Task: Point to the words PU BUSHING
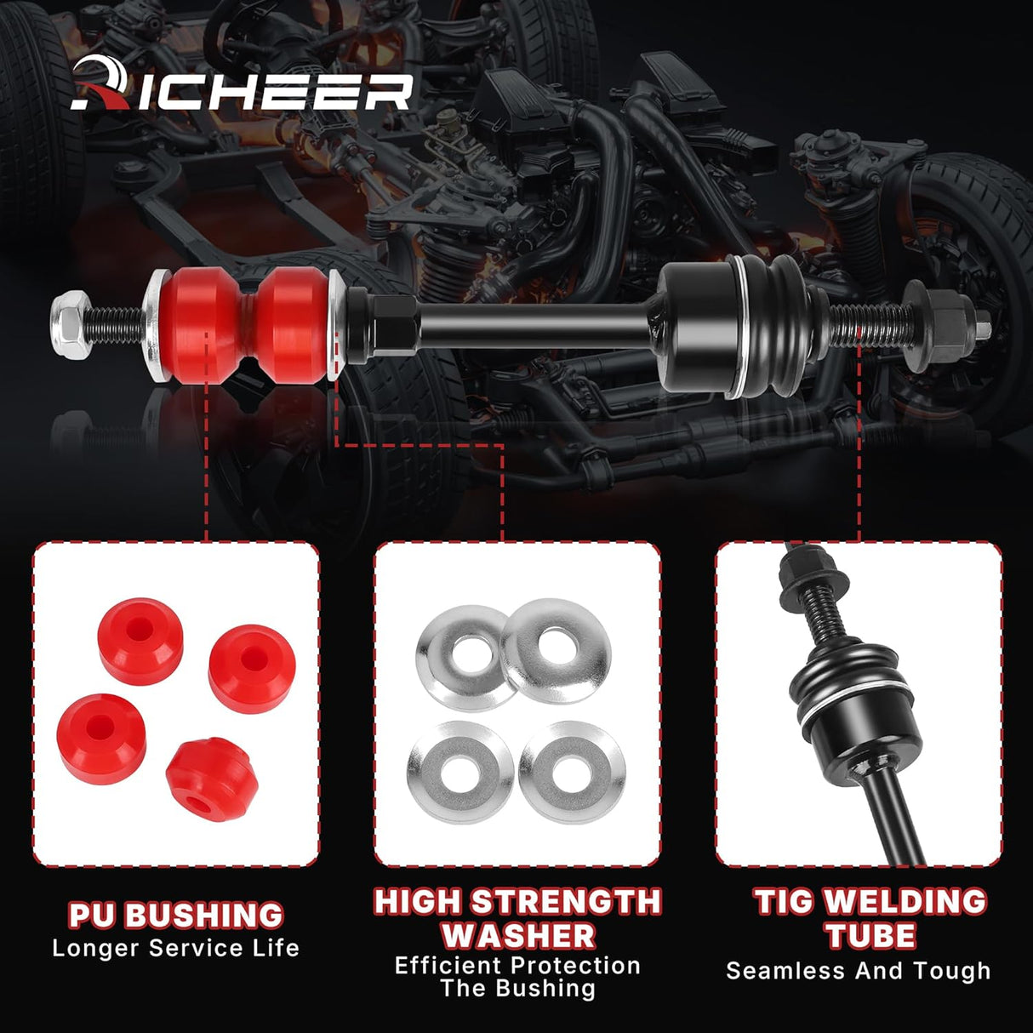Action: coord(175,915)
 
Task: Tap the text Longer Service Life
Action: coord(175,948)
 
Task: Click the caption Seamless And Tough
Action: coord(858,971)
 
